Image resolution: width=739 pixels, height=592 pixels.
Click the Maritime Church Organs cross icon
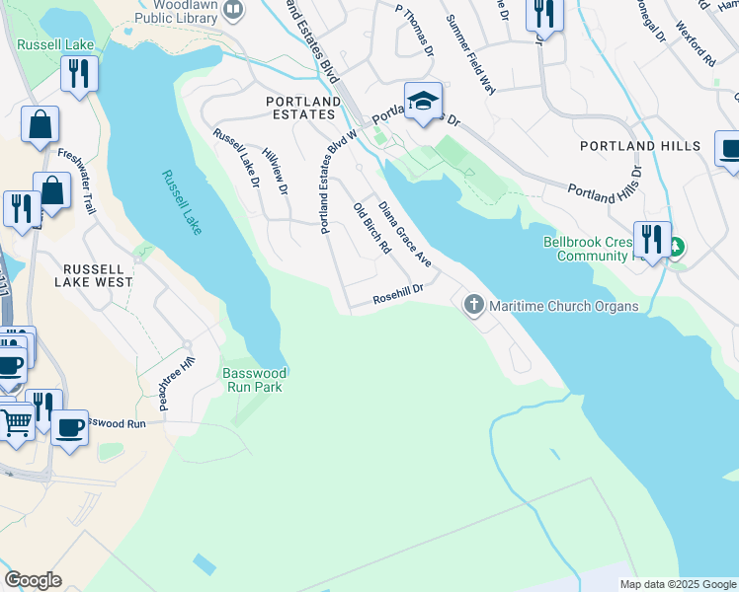pyautogui.click(x=474, y=305)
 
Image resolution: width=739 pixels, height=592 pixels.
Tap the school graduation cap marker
pyautogui.click(x=423, y=101)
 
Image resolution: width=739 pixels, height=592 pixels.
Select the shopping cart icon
pyautogui.click(x=15, y=421)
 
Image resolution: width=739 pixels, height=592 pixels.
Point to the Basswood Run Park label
pyautogui.click(x=254, y=380)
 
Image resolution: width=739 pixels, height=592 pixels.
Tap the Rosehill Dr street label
pyautogui.click(x=398, y=294)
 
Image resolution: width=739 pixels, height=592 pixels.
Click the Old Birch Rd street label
pyautogui.click(x=371, y=229)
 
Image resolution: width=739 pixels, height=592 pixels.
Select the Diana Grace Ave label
pyautogui.click(x=406, y=235)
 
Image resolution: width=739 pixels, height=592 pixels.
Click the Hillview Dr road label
pyautogui.click(x=275, y=164)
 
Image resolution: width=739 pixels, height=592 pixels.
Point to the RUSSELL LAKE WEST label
pyautogui.click(x=97, y=275)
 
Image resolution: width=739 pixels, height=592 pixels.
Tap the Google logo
pyautogui.click(x=33, y=579)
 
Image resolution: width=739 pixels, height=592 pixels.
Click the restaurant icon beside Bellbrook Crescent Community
pyautogui.click(x=650, y=240)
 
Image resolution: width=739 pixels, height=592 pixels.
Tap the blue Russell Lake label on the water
pyautogui.click(x=183, y=202)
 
